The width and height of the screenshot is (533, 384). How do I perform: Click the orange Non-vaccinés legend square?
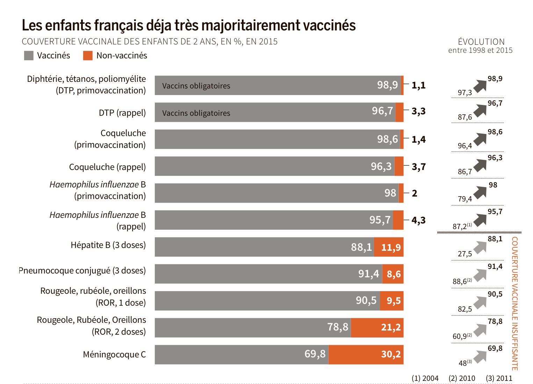pos(88,56)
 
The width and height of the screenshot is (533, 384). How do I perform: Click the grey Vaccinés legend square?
pos(29,56)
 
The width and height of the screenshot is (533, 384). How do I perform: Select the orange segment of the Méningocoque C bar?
pos(366,355)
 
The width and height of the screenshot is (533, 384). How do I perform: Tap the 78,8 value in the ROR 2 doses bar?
pos(338,327)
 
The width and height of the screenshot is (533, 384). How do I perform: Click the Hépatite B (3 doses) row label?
pos(108,245)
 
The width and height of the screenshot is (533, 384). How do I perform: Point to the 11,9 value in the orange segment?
pos(391,248)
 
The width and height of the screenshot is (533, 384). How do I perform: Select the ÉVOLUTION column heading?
pos(481,42)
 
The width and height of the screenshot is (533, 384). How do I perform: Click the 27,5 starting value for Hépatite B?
pos(465,254)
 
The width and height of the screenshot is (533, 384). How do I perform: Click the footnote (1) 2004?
pos(425,378)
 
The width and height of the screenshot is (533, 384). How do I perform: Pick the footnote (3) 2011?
pos(499,378)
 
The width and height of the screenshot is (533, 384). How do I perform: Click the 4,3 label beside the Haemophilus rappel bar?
pos(418,220)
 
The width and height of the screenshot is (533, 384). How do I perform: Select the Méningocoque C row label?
pos(114,355)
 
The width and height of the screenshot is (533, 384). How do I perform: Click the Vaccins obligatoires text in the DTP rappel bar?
pos(196,113)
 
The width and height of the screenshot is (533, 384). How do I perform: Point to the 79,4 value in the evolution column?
pos(465,199)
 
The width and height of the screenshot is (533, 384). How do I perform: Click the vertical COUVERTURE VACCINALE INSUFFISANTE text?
pos(514,303)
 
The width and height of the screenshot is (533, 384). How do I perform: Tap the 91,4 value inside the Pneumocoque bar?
pos(368,274)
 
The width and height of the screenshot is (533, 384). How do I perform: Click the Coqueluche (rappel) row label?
pos(107,167)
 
